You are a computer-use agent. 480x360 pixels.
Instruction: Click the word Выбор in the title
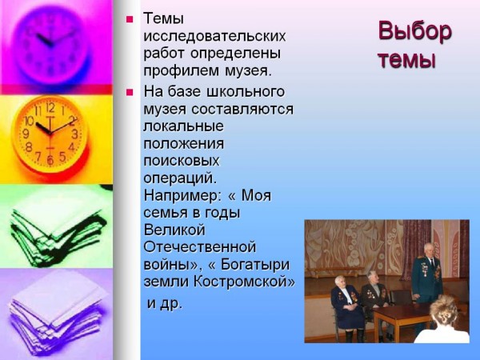point(414,31)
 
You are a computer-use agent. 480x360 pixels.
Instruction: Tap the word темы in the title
point(407,60)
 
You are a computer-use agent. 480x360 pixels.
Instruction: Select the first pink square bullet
point(130,19)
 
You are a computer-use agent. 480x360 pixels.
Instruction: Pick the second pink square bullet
point(130,92)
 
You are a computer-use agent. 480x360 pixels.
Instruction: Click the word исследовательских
point(214,36)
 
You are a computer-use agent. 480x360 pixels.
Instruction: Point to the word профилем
point(182,71)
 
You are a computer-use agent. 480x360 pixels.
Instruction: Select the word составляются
point(242,110)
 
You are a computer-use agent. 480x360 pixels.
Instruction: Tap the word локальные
point(184,126)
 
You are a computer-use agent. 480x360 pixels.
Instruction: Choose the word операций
point(180,178)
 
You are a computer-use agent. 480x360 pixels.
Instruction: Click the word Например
point(182,196)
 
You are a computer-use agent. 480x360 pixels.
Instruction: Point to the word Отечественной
point(199,247)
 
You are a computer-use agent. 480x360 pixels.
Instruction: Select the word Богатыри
point(255,265)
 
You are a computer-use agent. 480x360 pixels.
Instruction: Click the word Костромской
point(244,282)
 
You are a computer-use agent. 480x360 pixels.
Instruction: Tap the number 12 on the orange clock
point(50,107)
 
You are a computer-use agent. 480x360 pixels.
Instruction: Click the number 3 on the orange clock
point(74,134)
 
